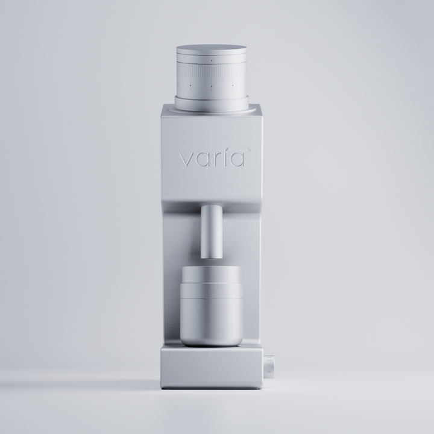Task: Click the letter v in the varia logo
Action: point(185,160)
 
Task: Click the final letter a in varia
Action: point(236,160)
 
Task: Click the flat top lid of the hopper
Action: point(212,48)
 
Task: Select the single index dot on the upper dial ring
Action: point(212,60)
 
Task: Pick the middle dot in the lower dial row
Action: point(212,86)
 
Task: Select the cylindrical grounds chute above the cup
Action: point(212,229)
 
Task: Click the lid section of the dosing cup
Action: point(212,277)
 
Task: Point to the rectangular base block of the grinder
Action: point(212,368)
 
